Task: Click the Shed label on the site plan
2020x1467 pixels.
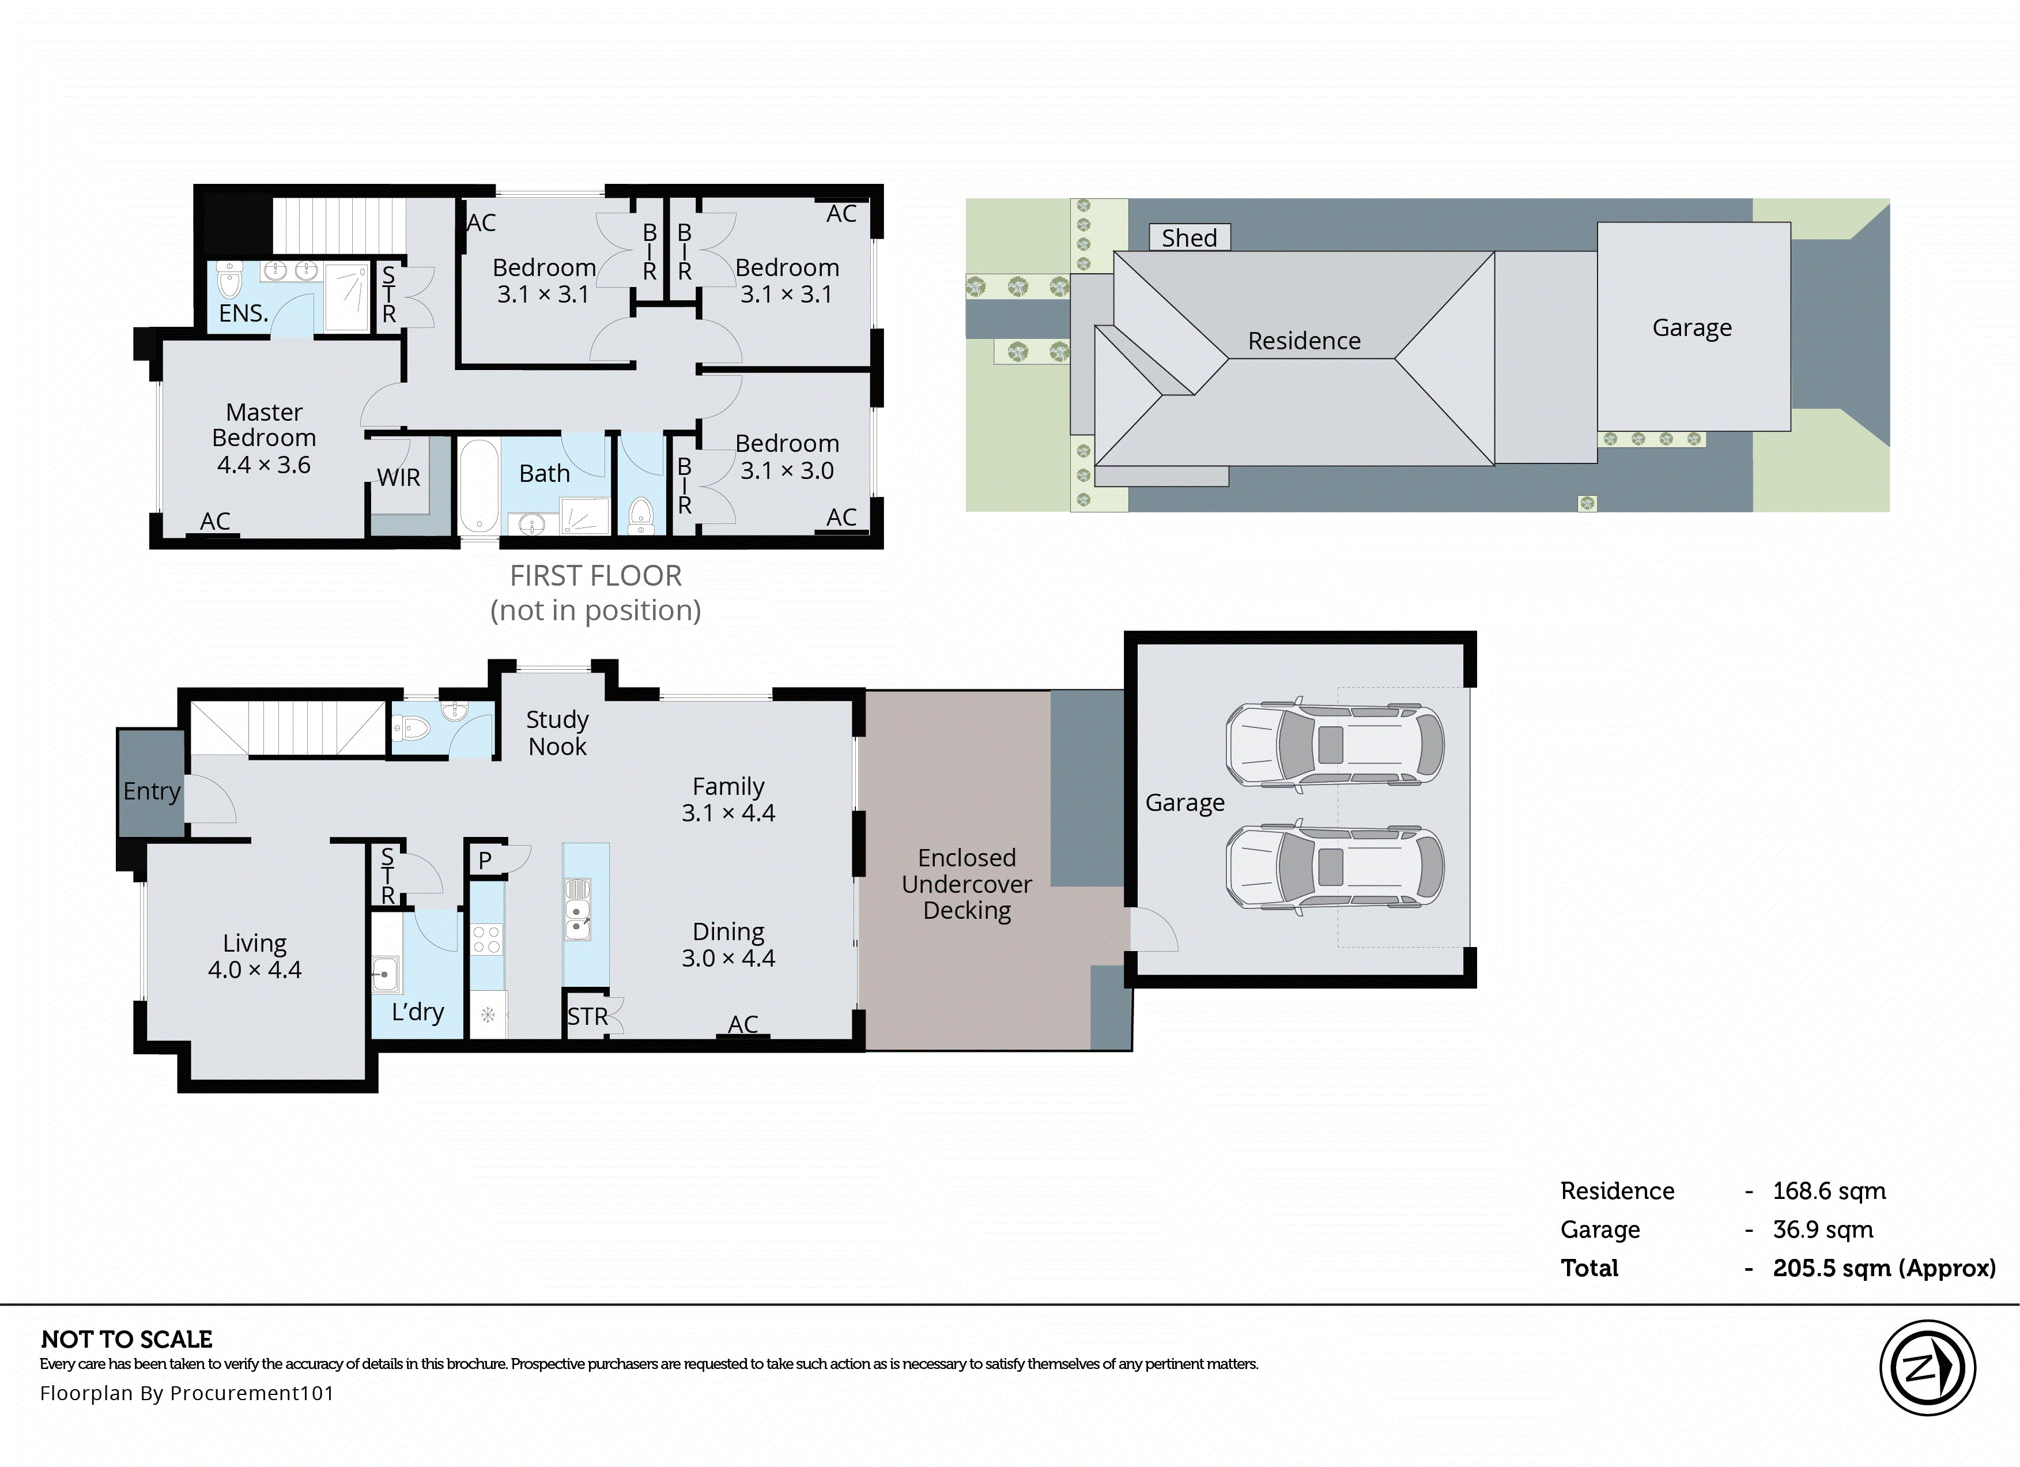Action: coord(1189,238)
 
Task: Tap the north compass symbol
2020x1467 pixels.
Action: coord(1927,1367)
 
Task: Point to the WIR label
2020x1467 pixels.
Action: coord(398,477)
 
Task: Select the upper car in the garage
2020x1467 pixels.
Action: coord(1334,745)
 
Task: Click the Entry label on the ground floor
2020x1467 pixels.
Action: coord(152,791)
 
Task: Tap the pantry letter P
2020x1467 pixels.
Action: coord(485,861)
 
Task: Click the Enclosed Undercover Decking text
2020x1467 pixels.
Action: coord(966,884)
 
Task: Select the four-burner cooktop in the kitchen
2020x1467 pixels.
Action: coord(486,939)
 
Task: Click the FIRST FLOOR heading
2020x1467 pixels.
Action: coord(595,576)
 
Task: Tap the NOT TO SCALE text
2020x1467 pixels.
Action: coord(126,1340)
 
